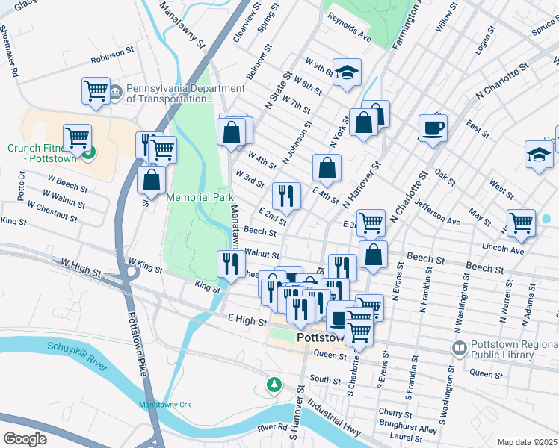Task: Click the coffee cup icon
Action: tap(433, 128)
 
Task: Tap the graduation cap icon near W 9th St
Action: tap(347, 73)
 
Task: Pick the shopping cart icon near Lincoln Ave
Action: tap(521, 222)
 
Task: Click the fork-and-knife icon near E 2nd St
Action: tap(286, 196)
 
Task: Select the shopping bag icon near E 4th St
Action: tap(327, 168)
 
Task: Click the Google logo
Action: tap(25, 438)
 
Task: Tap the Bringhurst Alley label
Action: tap(407, 429)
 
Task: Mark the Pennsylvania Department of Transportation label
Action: tap(170, 93)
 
